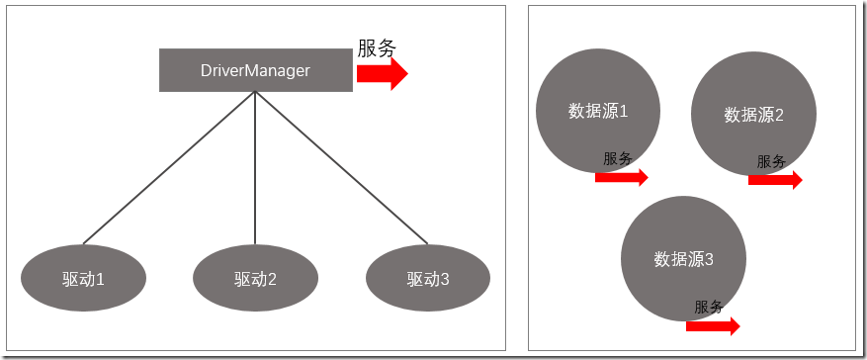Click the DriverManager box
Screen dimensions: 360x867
click(x=255, y=70)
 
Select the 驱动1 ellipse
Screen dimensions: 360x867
click(x=84, y=278)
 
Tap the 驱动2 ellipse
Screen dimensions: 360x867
click(x=255, y=278)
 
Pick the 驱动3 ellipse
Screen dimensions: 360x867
click(x=427, y=278)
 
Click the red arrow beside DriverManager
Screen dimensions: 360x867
click(x=383, y=73)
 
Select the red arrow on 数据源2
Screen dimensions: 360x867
click(x=775, y=180)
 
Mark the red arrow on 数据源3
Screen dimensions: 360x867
click(x=713, y=325)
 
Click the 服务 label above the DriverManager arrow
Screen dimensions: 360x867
click(x=377, y=47)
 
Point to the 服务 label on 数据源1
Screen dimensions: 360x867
click(x=618, y=158)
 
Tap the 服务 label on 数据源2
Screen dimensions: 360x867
click(x=771, y=161)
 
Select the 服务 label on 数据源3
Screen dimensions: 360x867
click(x=709, y=307)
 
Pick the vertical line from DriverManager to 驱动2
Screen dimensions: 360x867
click(x=255, y=168)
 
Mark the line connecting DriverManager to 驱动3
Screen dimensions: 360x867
click(x=341, y=167)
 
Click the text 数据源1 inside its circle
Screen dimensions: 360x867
click(x=598, y=111)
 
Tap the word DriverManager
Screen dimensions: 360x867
click(x=255, y=70)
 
